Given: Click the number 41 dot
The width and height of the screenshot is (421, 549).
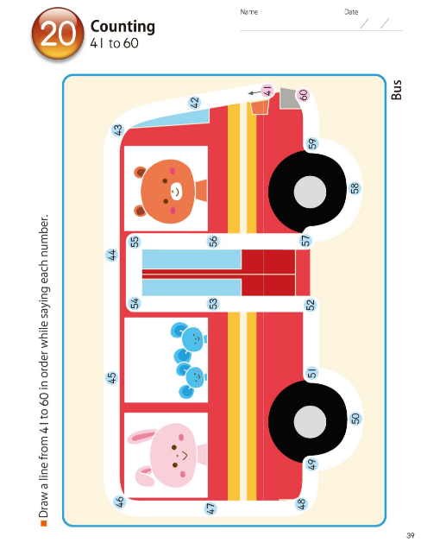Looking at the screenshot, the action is click(x=267, y=91).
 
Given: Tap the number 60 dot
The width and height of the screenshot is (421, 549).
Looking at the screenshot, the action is click(x=304, y=95).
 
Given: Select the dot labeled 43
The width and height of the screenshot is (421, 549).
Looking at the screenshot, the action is click(x=118, y=129).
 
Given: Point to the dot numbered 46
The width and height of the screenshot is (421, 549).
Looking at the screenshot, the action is click(x=120, y=502).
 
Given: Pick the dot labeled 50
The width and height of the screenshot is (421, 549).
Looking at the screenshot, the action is click(x=355, y=419).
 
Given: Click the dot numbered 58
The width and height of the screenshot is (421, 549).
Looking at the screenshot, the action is click(x=355, y=188).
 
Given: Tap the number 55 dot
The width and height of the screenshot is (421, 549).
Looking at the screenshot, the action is click(x=135, y=242).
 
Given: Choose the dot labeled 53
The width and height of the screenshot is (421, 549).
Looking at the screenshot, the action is click(x=213, y=304).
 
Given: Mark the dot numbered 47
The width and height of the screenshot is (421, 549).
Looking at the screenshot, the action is click(x=210, y=508).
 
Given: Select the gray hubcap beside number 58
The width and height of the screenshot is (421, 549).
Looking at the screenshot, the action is click(x=310, y=192).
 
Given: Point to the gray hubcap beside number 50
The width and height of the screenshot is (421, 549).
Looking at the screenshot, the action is click(x=310, y=422).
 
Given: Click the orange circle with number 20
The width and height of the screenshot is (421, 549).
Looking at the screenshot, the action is click(x=58, y=34).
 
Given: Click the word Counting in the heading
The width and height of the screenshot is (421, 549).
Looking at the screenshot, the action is click(x=123, y=27).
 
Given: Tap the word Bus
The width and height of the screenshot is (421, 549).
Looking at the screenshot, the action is click(x=397, y=90).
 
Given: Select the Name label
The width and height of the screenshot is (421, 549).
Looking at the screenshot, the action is click(x=248, y=12).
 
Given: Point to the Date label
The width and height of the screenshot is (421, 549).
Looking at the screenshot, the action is click(x=351, y=12).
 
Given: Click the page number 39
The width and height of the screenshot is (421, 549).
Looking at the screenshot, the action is click(x=411, y=535).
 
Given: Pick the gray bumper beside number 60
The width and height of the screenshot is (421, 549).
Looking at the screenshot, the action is click(x=289, y=98).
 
